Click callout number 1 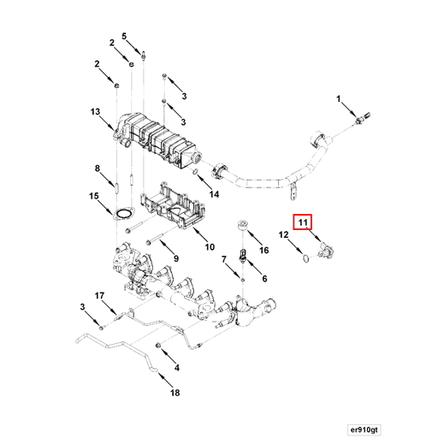pos(339,101)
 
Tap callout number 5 pos(124,36)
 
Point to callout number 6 pos(263,278)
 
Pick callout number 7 pos(223,259)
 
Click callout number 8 pos(98,169)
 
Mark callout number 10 pos(210,248)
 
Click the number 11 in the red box pos(302,222)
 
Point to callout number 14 pos(215,194)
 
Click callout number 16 pos(263,250)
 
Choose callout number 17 pos(100,296)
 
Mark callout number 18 pos(175,394)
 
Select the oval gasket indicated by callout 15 pos(123,213)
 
